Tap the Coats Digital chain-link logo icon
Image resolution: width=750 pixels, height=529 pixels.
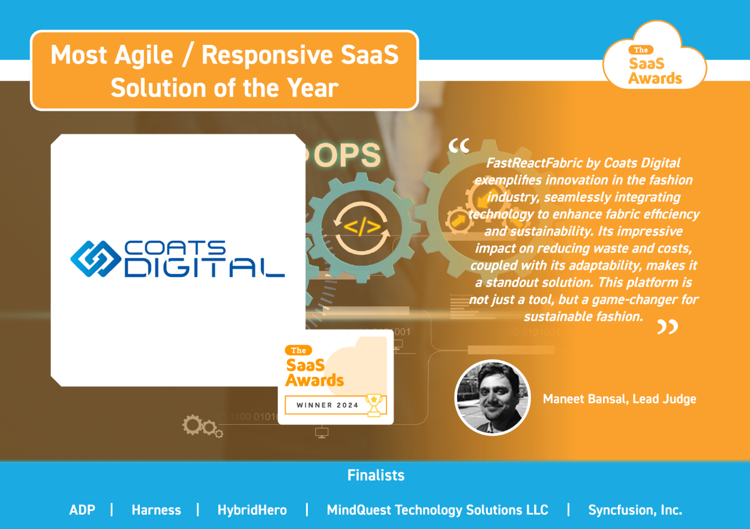pos(96,259)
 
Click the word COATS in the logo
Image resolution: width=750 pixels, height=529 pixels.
pos(175,248)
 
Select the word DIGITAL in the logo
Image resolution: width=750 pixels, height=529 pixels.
pos(205,268)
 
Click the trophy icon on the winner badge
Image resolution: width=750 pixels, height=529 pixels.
pos(374,405)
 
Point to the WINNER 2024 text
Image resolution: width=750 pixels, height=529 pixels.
pos(328,405)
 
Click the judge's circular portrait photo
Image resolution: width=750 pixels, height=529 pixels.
pos(492,398)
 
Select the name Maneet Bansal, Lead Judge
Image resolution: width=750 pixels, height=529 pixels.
pos(619,399)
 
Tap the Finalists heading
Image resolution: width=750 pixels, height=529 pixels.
pos(376,475)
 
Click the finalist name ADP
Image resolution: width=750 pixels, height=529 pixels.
pos(82,510)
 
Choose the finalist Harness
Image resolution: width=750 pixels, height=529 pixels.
pos(157,510)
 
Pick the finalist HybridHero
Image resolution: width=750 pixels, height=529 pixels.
pos(252,510)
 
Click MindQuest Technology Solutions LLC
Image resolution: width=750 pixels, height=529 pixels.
pos(437,510)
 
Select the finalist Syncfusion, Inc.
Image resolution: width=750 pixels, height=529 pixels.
pos(635,510)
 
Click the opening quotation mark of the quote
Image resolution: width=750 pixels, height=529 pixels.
pos(459,146)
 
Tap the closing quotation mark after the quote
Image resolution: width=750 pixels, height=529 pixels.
pos(668,327)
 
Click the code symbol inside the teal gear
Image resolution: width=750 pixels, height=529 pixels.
pos(362,227)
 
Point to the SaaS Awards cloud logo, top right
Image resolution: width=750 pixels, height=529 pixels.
pos(655,56)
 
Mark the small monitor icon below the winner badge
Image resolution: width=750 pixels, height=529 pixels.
pos(322,433)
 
